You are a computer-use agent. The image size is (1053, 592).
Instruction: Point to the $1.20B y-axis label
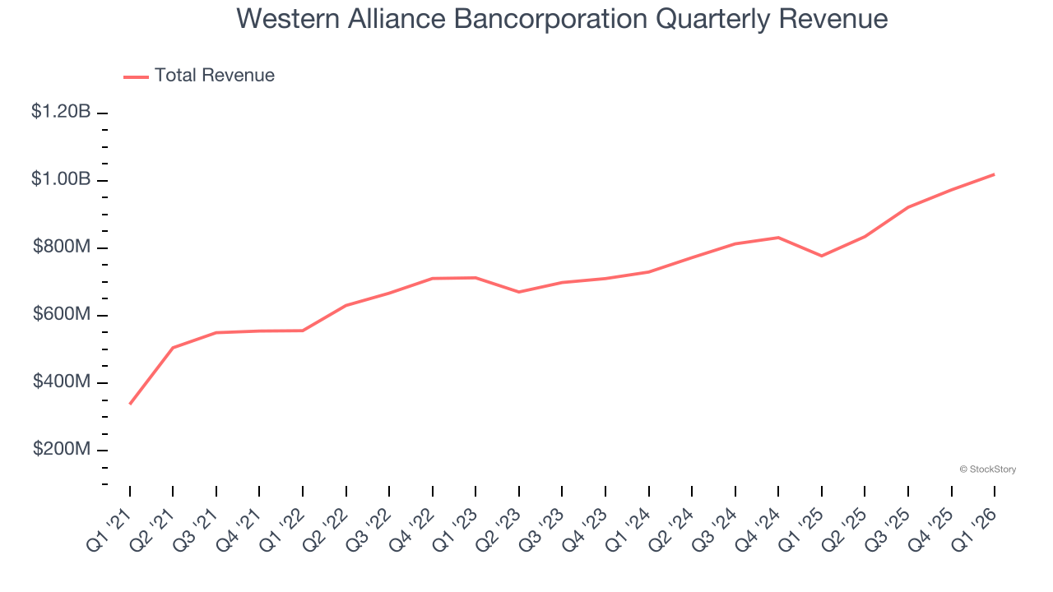[x=61, y=112]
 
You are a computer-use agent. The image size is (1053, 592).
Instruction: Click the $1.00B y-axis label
[x=61, y=179]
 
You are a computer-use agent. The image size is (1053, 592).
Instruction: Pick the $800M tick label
[x=62, y=247]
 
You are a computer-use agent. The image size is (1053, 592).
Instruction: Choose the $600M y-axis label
[x=62, y=314]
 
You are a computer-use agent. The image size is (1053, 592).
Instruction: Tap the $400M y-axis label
[x=62, y=382]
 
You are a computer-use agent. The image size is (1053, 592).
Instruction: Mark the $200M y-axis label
[x=62, y=449]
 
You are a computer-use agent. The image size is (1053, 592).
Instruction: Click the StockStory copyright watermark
[x=987, y=469]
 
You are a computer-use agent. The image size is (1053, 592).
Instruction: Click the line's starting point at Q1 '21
[x=130, y=404]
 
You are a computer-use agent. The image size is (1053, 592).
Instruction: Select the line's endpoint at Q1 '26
[x=995, y=174]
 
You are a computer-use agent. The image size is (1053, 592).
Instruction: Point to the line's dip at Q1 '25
[x=821, y=256]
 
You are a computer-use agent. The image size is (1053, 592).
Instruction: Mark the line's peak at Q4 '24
[x=778, y=238]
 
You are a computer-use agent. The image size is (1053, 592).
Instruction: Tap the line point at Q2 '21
[x=173, y=348]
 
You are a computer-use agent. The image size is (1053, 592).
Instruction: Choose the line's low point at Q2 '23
[x=518, y=292]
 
